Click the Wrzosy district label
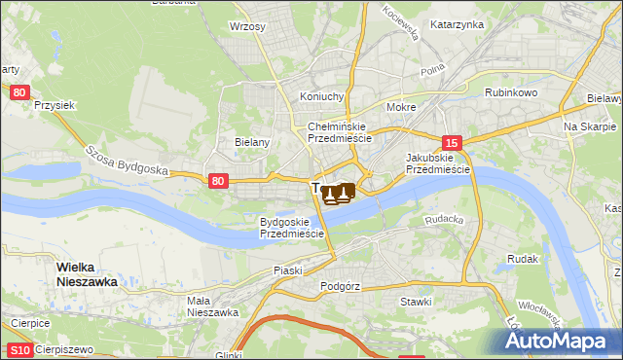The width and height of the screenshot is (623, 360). point(247,26)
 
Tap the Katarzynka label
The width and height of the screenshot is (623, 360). point(457,24)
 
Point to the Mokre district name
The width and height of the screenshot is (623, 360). point(401,108)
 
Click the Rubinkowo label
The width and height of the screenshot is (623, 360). point(511,93)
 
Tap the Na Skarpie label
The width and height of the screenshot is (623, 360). point(590,127)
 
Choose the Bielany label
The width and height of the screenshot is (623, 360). point(251,141)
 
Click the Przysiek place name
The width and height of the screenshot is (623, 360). point(55,104)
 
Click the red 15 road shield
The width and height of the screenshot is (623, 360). point(450,141)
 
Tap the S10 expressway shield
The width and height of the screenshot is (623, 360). point(18,350)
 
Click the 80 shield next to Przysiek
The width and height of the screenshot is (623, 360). point(19,91)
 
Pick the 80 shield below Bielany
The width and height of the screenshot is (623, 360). point(218,180)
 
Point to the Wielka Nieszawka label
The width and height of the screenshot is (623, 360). point(87,274)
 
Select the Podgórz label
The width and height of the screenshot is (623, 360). point(340,287)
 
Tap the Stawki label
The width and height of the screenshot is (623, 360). point(416,302)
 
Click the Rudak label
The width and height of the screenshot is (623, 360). point(523,259)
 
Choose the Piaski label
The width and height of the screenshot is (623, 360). point(288,270)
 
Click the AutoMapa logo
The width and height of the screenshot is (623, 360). point(560,341)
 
